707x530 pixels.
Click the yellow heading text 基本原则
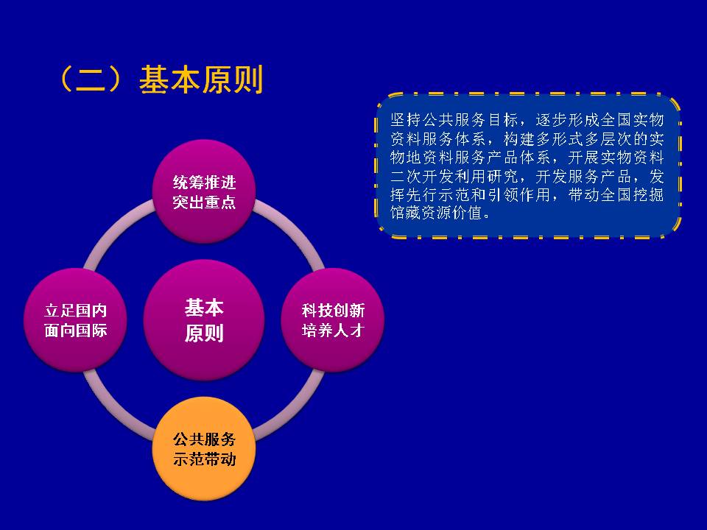click(201, 79)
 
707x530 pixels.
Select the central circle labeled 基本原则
click(204, 320)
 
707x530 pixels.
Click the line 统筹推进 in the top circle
click(204, 183)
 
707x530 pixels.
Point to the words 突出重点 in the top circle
click(204, 202)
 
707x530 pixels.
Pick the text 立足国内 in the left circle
click(76, 311)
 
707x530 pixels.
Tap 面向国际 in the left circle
click(76, 331)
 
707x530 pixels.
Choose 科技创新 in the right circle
click(333, 311)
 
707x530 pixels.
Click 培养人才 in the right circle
click(333, 331)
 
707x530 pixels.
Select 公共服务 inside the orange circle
click(204, 439)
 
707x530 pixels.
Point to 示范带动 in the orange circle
click(204, 459)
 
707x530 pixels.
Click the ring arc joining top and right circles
click(295, 229)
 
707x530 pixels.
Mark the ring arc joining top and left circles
click(113, 229)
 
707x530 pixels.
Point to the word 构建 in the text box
click(518, 139)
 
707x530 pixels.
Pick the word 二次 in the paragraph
click(405, 176)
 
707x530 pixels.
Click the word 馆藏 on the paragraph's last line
click(405, 213)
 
